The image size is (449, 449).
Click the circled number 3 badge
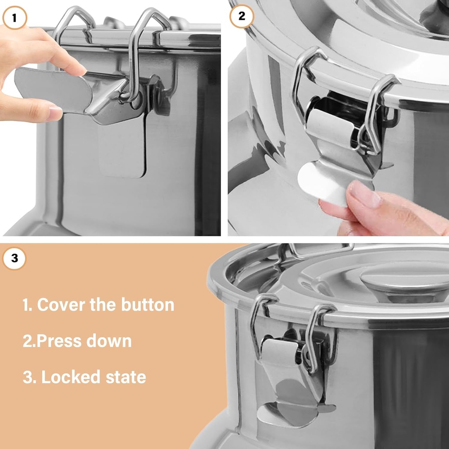14,258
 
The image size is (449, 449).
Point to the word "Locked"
65,377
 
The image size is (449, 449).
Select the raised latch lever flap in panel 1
53,90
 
